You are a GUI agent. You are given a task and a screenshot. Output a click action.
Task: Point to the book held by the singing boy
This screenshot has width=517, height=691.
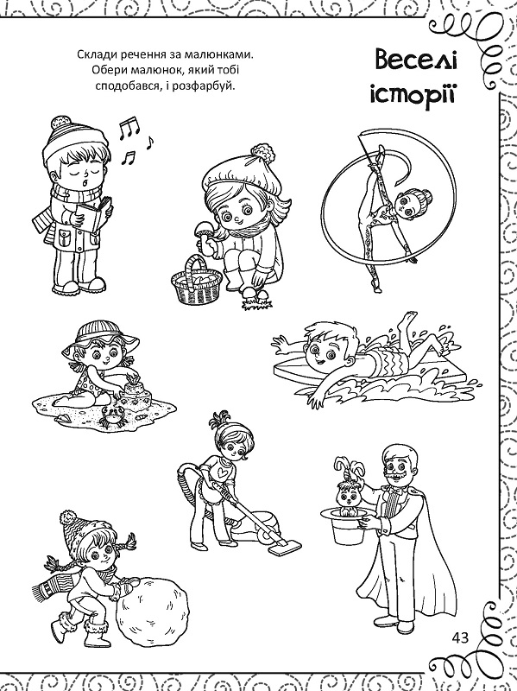[93, 214]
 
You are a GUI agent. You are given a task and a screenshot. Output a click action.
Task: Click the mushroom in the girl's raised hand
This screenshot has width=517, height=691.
[204, 231]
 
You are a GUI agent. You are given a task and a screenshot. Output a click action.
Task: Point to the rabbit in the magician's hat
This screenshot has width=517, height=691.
[349, 488]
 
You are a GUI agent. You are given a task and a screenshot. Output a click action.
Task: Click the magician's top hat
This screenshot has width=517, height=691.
[349, 524]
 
